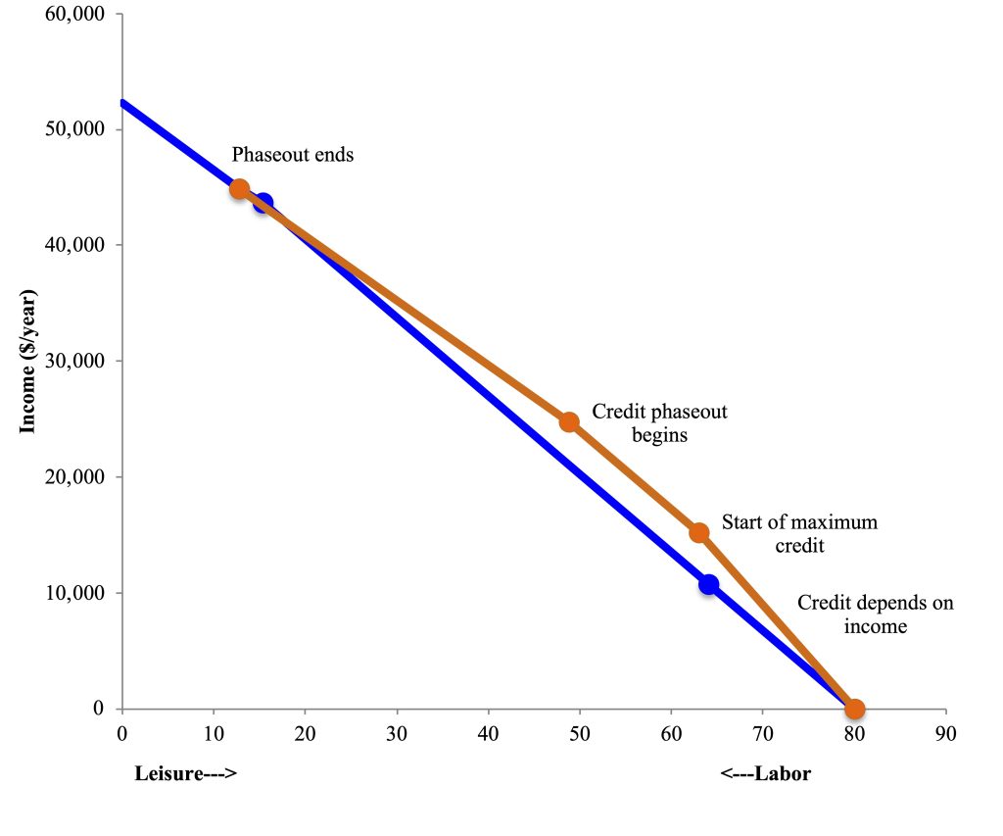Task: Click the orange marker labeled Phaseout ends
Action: pyautogui.click(x=239, y=189)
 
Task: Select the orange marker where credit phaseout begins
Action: pyautogui.click(x=569, y=421)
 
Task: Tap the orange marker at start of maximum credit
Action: pyautogui.click(x=699, y=533)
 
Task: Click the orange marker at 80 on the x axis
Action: pyautogui.click(x=854, y=709)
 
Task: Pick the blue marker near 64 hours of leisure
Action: pyautogui.click(x=708, y=584)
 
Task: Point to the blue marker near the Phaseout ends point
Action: pyautogui.click(x=263, y=203)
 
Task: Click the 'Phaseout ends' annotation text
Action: pyautogui.click(x=292, y=155)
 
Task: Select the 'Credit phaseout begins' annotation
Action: pyautogui.click(x=659, y=423)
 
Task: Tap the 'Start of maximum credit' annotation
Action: pyautogui.click(x=799, y=533)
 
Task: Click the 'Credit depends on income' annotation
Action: pyautogui.click(x=875, y=615)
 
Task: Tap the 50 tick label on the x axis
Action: pyautogui.click(x=579, y=732)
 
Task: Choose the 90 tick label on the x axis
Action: pyautogui.click(x=945, y=732)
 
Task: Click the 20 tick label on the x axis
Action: pyautogui.click(x=305, y=732)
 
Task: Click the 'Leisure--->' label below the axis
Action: pyautogui.click(x=186, y=774)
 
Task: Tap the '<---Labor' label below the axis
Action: pyautogui.click(x=765, y=774)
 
